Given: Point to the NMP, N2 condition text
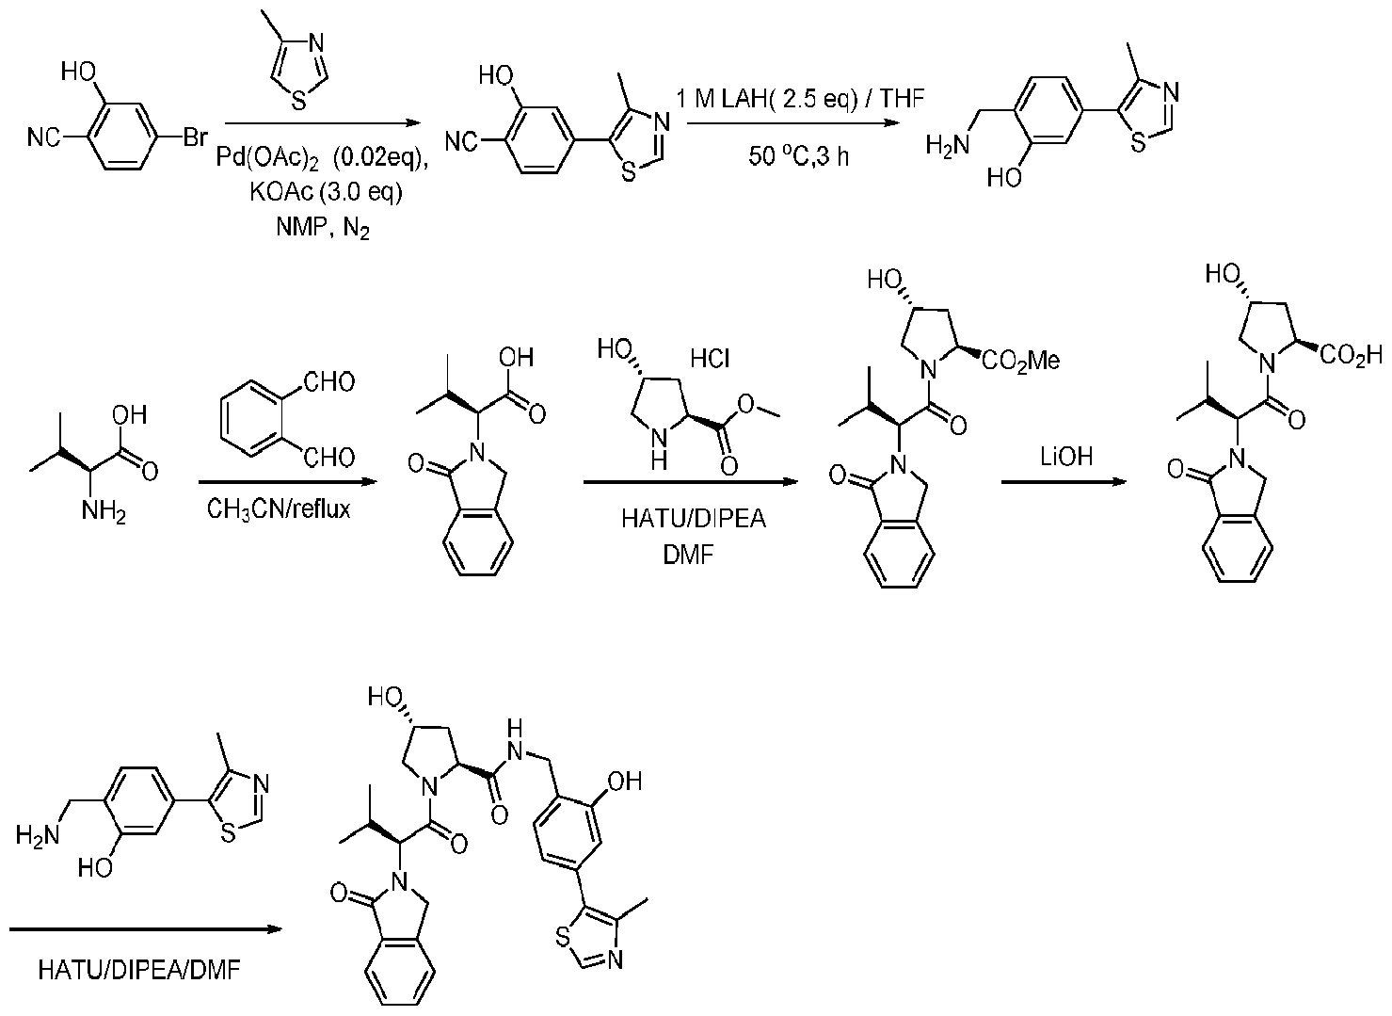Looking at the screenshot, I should pos(322,226).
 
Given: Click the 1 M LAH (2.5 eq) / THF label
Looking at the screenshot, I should pos(799,98).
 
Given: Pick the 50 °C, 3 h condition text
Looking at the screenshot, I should pos(798,156).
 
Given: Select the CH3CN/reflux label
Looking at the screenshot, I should pos(279,509).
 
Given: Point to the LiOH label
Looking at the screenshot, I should pos(1065,457).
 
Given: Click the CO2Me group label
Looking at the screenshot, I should pos(1022,361).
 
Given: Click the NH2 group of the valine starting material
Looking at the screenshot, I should pos(104,512).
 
